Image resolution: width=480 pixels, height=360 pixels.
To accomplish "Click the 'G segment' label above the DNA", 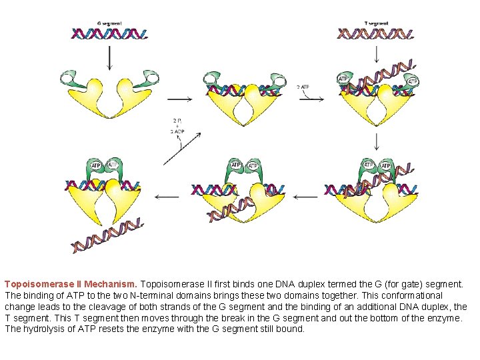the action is (109, 23).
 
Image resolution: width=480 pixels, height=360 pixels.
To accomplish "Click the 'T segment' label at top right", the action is (376, 23).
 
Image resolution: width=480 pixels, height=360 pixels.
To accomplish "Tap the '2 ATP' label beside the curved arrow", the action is (303, 87).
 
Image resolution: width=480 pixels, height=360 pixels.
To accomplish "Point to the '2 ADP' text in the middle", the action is (177, 132).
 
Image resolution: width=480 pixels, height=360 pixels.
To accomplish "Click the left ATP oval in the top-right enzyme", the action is (343, 79).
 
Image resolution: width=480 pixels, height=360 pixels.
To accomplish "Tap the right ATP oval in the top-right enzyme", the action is (413, 81).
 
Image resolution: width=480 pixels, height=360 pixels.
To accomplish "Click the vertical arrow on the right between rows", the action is (377, 141).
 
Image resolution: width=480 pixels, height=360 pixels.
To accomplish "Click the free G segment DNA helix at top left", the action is (109, 33).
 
